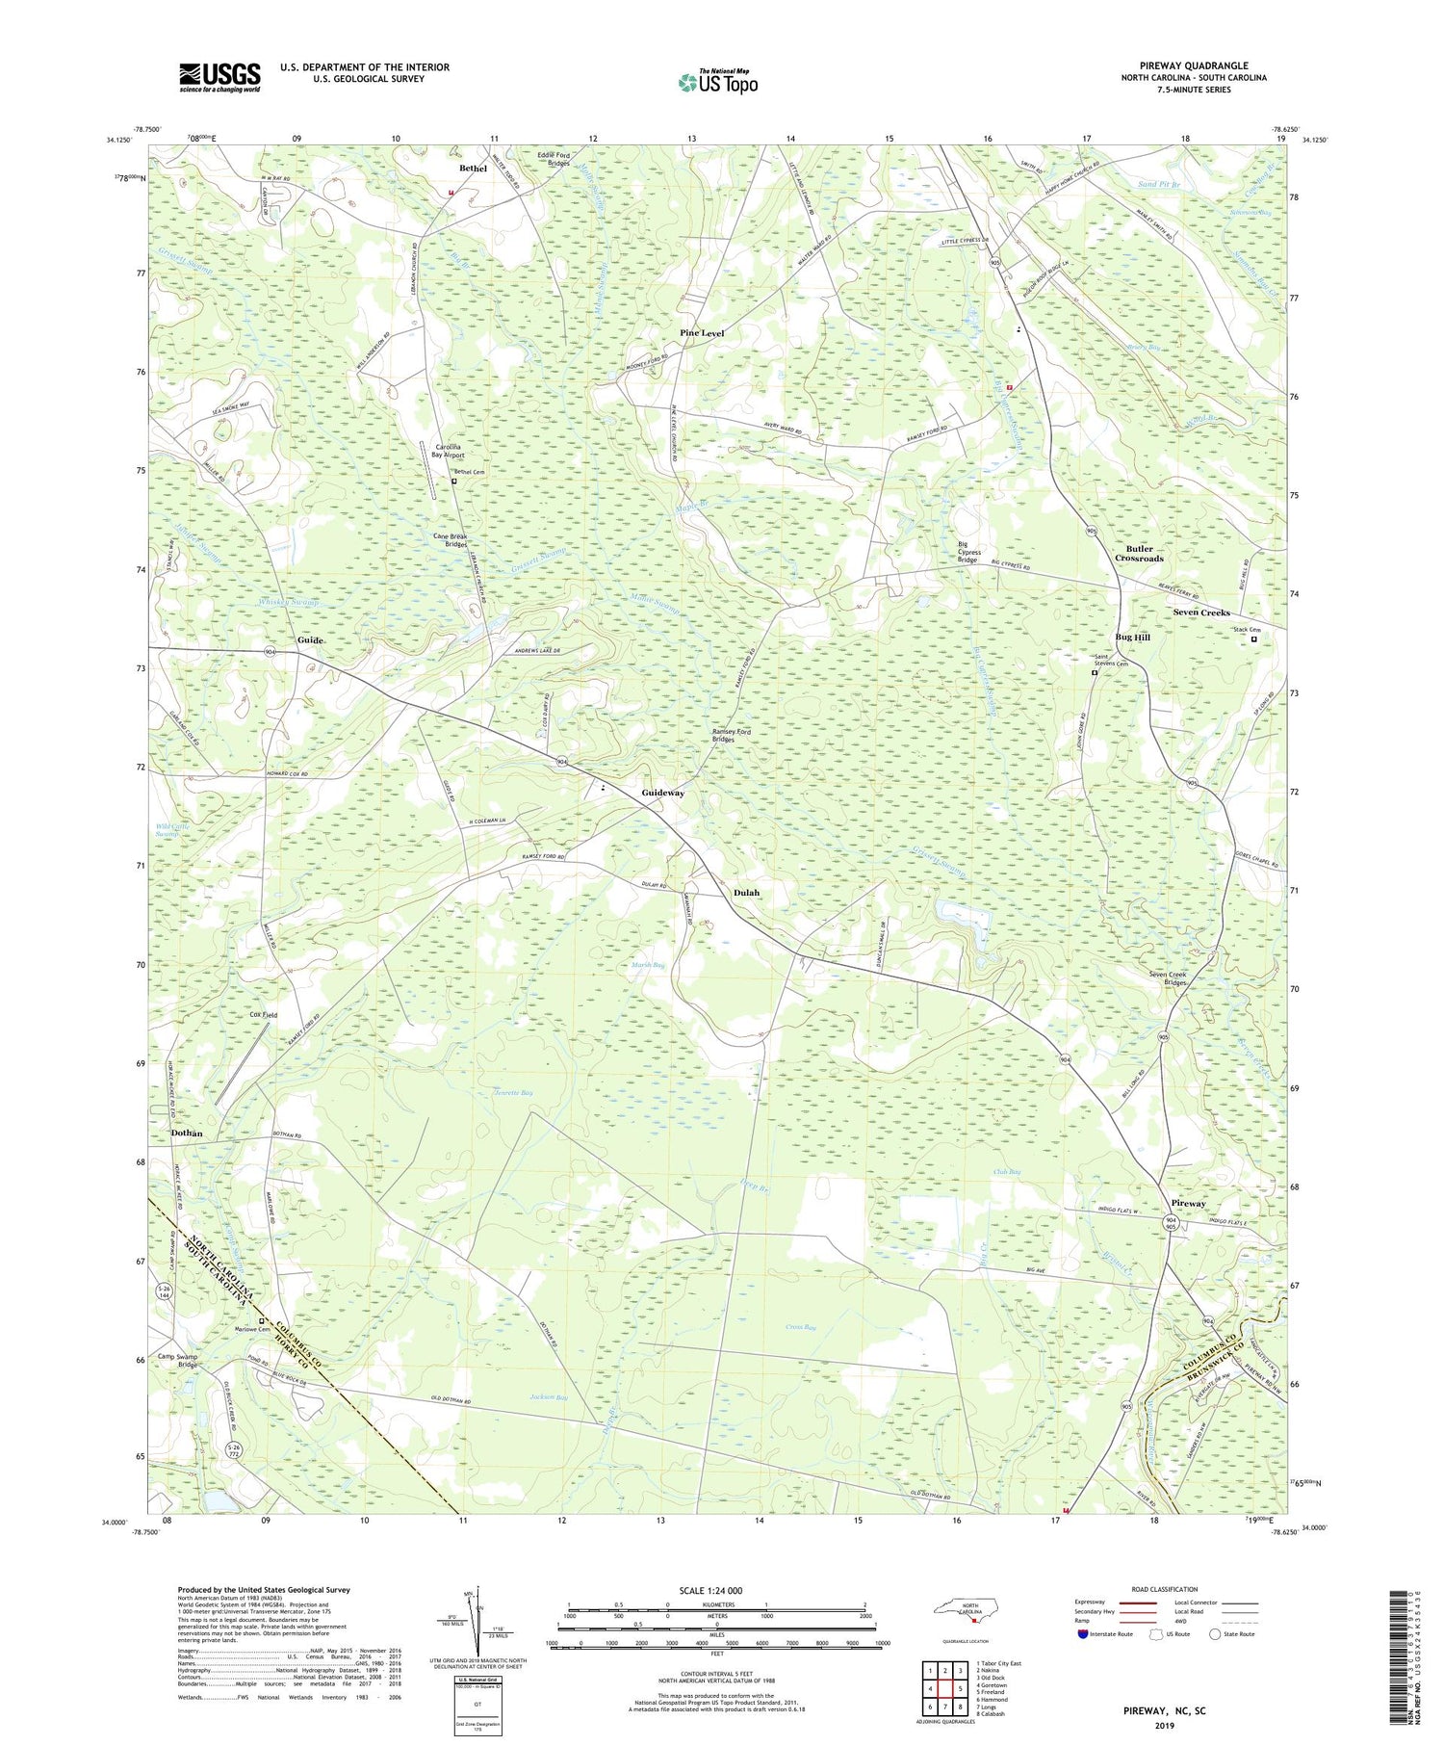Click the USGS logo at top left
click(x=219, y=77)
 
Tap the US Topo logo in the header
click(x=717, y=83)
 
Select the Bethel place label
click(x=473, y=169)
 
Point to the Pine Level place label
click(x=702, y=333)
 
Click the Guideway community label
click(x=663, y=793)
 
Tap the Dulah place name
click(x=746, y=893)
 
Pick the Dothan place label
click(x=187, y=1134)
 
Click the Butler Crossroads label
click(x=1139, y=554)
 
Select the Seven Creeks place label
click(x=1201, y=612)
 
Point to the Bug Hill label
click(x=1132, y=638)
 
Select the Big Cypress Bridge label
click(x=967, y=552)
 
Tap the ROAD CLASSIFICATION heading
click(x=1165, y=1589)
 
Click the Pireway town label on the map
click(x=1188, y=1204)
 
